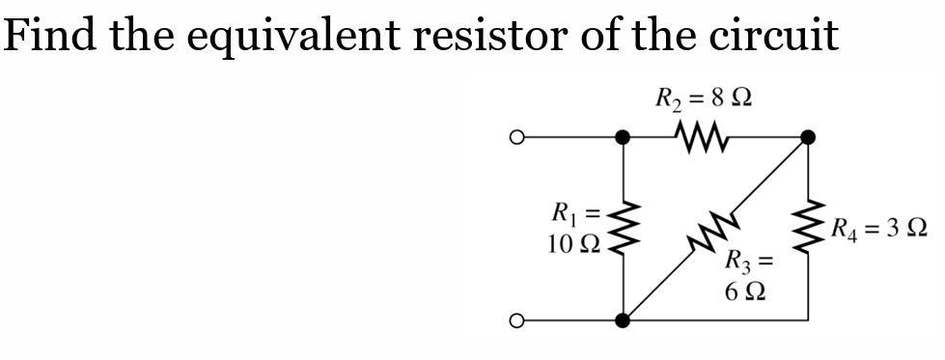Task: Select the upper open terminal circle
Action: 519,138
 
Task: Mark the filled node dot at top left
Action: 625,138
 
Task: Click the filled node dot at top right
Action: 808,138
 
